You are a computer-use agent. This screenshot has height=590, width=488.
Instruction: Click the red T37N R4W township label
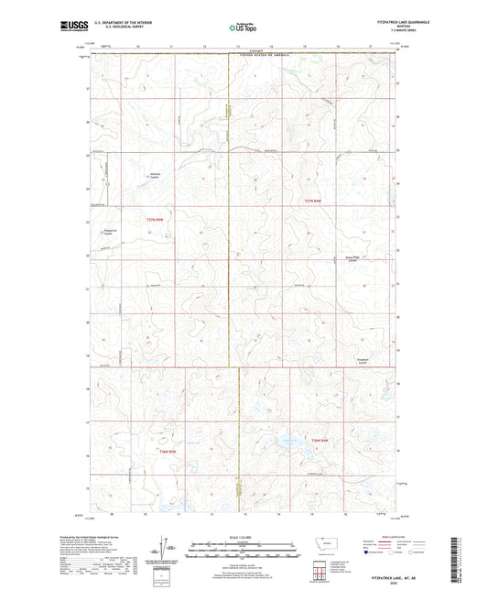pos(313,200)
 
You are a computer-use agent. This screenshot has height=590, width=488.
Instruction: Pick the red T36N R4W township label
pos(319,443)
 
